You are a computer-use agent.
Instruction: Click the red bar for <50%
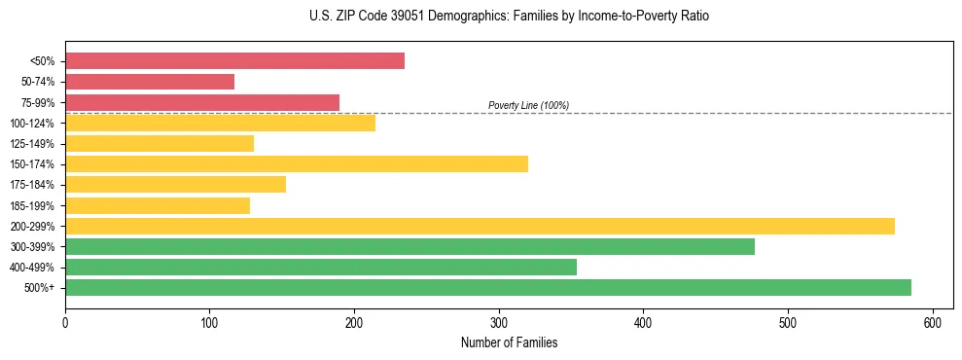click(234, 60)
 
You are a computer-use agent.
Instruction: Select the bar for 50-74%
click(150, 82)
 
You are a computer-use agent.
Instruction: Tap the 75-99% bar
click(202, 102)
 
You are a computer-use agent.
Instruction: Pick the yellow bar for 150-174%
click(297, 163)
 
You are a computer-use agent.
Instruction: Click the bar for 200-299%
click(480, 226)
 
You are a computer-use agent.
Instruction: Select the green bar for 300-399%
click(410, 246)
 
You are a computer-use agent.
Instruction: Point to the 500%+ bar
click(488, 287)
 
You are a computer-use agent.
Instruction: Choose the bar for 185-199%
click(158, 205)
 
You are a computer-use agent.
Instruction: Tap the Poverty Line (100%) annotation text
click(528, 105)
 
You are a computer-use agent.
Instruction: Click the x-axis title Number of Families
click(509, 342)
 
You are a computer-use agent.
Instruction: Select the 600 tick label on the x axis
click(933, 322)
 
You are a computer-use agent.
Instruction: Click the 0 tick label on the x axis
click(65, 322)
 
